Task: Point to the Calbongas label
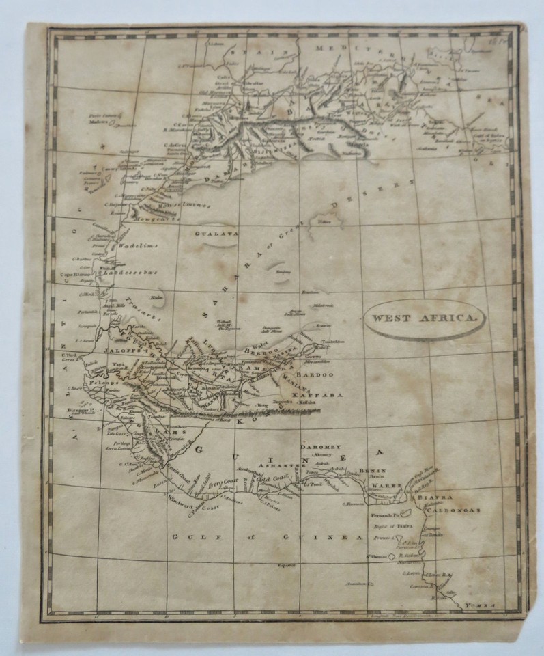pos(446,509)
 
